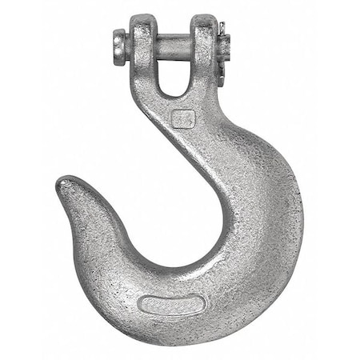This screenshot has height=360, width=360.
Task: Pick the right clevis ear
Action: click(x=204, y=44)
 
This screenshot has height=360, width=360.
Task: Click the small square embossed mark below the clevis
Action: click(x=183, y=118)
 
